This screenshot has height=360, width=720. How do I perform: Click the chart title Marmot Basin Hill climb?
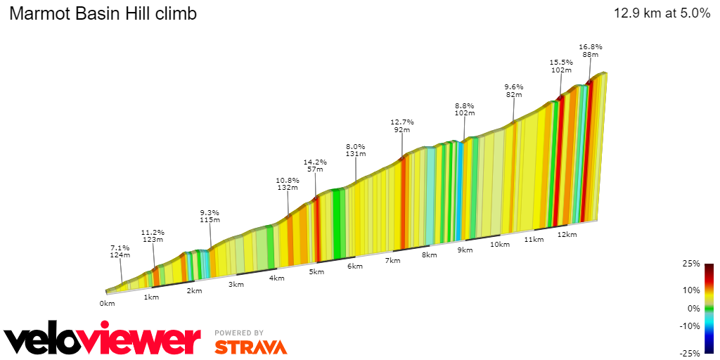click(x=103, y=13)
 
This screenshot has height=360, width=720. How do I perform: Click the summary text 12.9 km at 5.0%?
click(x=662, y=13)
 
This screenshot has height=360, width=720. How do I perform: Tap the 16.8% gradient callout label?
click(x=590, y=51)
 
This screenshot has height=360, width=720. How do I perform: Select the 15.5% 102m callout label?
click(x=560, y=66)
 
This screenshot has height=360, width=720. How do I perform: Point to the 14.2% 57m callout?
click(x=314, y=165)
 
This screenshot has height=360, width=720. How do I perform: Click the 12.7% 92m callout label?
click(x=402, y=125)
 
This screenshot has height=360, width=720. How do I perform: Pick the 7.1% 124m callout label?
click(x=120, y=251)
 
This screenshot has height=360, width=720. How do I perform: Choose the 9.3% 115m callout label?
click(x=210, y=216)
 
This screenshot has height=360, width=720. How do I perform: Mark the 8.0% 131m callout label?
click(x=355, y=150)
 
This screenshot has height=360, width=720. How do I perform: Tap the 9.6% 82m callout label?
click(x=514, y=91)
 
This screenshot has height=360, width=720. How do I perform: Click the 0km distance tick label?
click(x=107, y=304)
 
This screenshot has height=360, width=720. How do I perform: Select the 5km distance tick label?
click(x=317, y=272)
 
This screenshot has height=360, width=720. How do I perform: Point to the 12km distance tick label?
click(x=567, y=234)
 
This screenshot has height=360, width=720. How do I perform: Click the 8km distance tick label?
click(x=429, y=255)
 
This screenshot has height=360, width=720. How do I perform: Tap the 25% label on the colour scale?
click(x=692, y=264)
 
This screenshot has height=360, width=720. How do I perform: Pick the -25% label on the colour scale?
click(x=690, y=353)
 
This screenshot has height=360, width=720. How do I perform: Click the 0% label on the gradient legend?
click(x=694, y=308)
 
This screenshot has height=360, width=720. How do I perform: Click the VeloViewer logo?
click(x=103, y=340)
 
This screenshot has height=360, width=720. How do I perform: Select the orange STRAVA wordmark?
click(x=250, y=347)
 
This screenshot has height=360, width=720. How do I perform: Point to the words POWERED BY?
click(x=239, y=333)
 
